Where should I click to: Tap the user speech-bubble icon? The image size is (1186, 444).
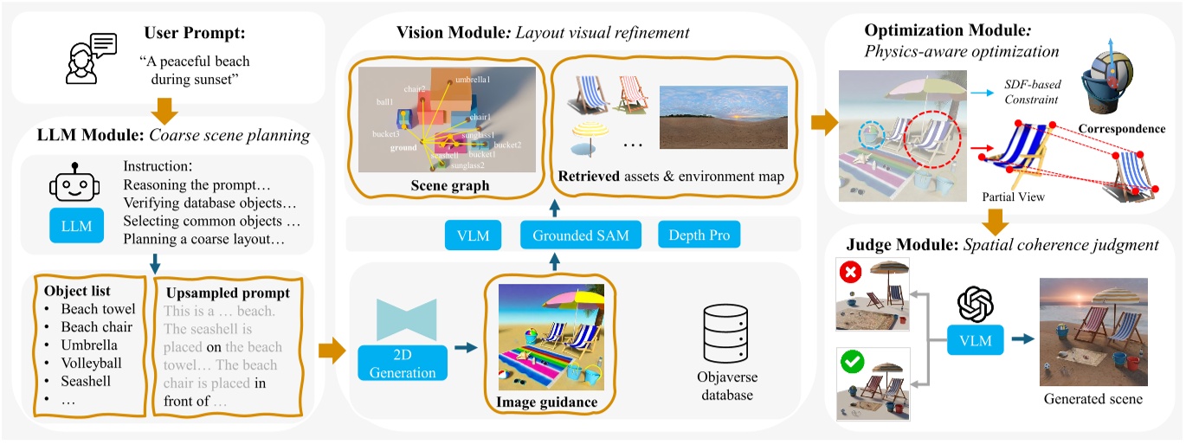coord(93,60)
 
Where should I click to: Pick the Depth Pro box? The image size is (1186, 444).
coord(699,235)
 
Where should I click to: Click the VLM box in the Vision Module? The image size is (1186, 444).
coord(474,235)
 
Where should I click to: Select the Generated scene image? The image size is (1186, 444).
coord(1093,331)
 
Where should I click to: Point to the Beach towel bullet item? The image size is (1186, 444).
coord(98,309)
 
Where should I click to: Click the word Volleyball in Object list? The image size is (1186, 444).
coord(91,363)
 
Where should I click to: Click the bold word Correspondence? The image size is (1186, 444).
coord(1122,129)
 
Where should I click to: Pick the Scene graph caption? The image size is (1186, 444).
coord(451,185)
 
